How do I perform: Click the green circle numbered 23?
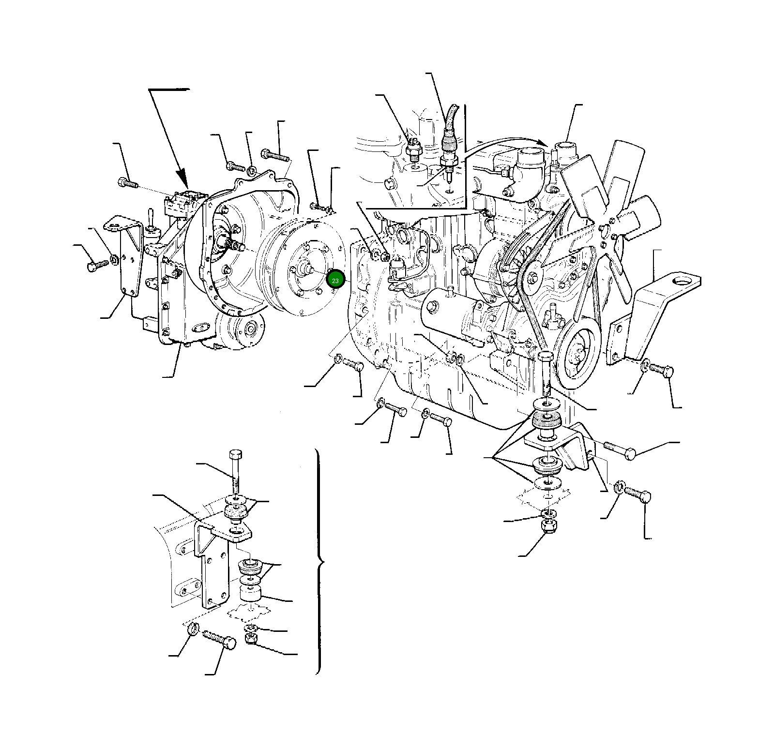coord(335,280)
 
